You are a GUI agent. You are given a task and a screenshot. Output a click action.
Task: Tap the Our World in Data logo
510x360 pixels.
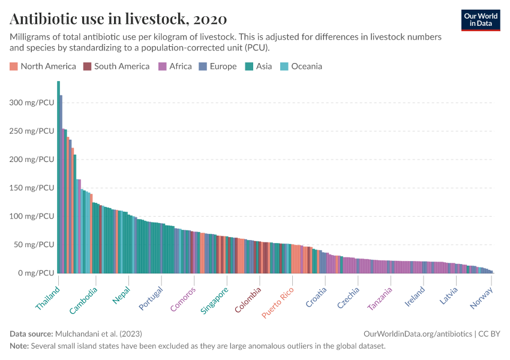[480, 20]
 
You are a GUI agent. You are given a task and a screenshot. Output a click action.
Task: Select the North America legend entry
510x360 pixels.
[43, 66]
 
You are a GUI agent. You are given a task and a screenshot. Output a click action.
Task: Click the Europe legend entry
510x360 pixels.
[218, 66]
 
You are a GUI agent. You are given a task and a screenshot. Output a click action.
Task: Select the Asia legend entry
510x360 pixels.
[259, 66]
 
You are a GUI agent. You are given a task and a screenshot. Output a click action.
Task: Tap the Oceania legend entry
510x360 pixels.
[301, 66]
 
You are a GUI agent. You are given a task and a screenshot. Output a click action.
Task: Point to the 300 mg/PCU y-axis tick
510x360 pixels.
[32, 103]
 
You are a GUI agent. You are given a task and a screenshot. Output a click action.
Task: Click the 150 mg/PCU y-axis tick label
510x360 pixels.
[32, 188]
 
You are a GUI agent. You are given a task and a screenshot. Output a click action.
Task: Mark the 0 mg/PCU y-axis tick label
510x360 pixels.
[34, 273]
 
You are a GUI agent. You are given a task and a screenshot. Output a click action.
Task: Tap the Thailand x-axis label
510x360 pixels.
[48, 298]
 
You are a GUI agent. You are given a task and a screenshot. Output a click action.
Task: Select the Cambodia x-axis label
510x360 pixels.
[83, 300]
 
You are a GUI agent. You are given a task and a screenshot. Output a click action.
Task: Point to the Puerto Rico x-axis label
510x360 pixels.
[278, 304]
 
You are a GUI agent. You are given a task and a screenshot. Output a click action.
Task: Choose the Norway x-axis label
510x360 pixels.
[481, 298]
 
